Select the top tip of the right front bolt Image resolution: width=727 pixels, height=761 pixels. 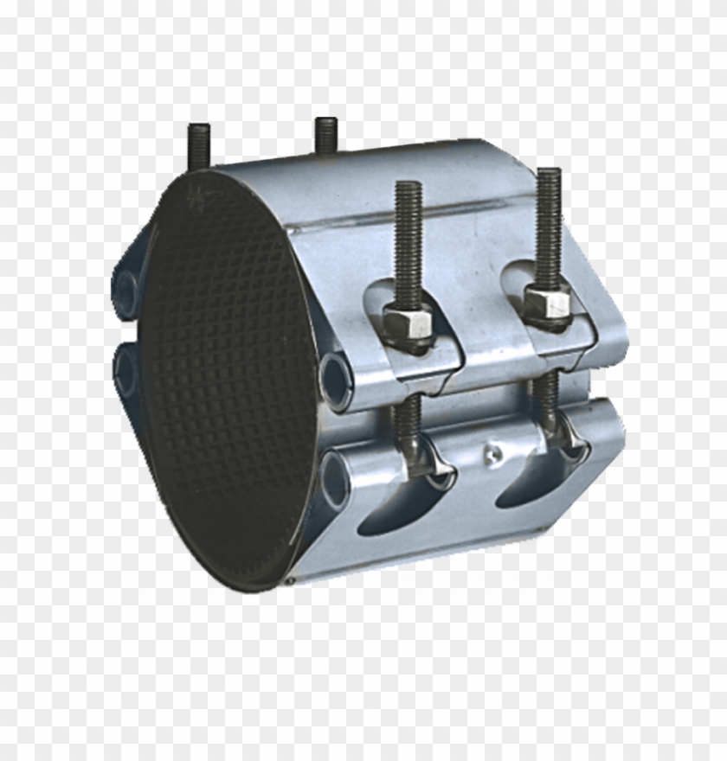(548, 173)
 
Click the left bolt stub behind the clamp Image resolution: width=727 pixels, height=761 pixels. (198, 148)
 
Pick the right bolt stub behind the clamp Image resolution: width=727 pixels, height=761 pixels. (325, 134)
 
